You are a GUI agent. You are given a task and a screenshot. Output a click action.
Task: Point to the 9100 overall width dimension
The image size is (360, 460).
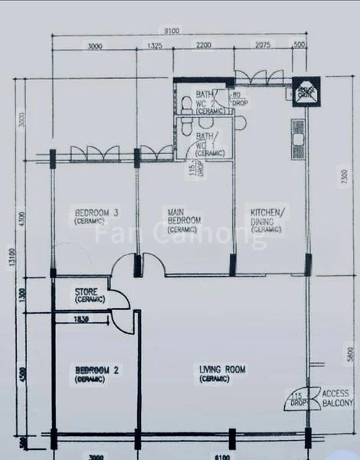171,31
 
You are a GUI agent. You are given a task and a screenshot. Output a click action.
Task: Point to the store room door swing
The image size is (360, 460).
119,299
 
